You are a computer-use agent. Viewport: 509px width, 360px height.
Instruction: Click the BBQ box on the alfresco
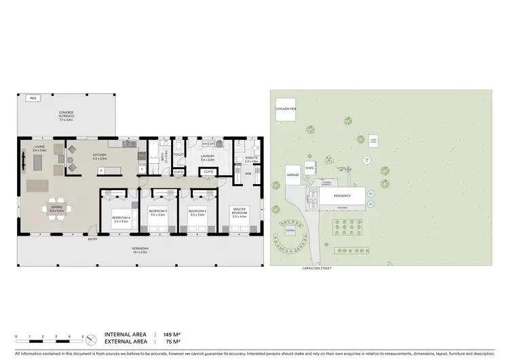click(x=32, y=98)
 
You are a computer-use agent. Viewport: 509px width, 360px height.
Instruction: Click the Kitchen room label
click(x=100, y=157)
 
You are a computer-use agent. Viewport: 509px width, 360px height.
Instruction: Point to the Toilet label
click(x=179, y=155)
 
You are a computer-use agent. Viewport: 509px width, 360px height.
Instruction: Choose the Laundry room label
click(x=208, y=157)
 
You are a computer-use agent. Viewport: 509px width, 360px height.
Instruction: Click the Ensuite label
click(x=242, y=159)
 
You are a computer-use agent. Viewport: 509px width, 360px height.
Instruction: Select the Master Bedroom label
click(x=239, y=212)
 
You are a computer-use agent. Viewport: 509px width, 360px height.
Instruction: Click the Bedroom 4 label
click(x=121, y=219)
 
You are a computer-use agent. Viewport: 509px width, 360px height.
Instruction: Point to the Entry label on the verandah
click(x=92, y=239)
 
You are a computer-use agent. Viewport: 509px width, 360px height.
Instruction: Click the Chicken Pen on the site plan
click(x=285, y=109)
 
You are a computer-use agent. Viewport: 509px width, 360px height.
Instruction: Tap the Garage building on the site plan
click(x=293, y=175)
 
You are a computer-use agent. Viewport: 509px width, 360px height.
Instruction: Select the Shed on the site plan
click(x=309, y=167)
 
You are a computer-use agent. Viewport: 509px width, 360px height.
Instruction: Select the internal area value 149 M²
click(x=170, y=335)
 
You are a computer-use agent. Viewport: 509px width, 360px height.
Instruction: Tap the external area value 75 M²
click(x=170, y=342)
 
